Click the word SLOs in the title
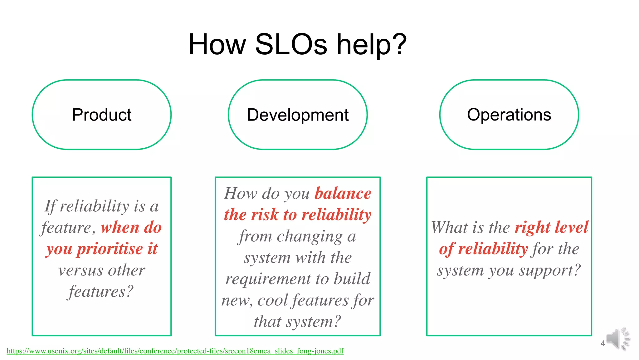pos(291,45)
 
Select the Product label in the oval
pos(102,115)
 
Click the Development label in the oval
pos(298,115)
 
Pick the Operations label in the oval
pos(509,115)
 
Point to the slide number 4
pos(602,344)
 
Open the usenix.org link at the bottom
pos(175,351)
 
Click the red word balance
pos(343,194)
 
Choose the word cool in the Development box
pos(273,300)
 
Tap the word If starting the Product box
pos(50,206)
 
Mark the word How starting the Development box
pos(241,194)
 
